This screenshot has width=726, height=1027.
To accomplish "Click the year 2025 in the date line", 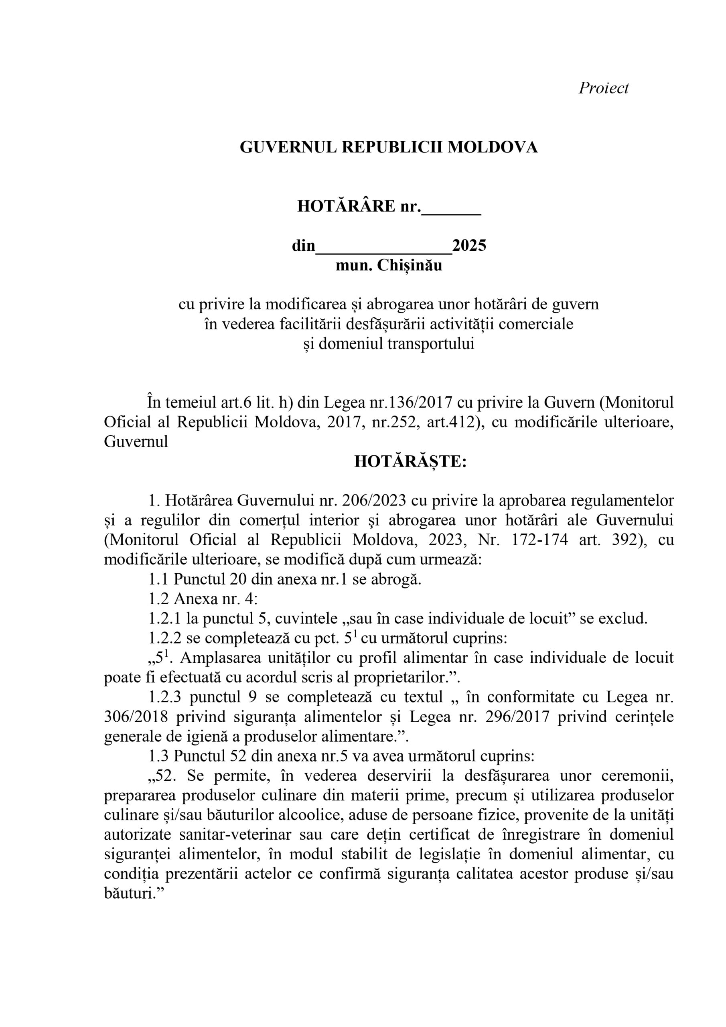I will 469,246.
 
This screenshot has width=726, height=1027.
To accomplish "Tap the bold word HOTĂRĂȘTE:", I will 410,462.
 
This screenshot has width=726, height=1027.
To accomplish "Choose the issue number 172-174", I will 540,540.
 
